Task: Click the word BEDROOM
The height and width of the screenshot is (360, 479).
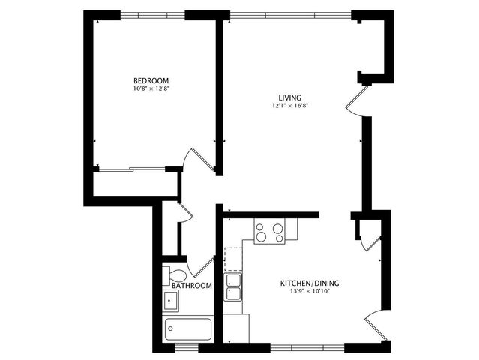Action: (151, 81)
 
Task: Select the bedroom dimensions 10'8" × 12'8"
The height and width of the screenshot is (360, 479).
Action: (151, 90)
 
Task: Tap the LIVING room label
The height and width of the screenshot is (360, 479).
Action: (289, 98)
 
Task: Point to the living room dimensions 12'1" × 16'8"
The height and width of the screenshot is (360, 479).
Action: (290, 106)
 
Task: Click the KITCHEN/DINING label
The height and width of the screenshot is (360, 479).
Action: (310, 283)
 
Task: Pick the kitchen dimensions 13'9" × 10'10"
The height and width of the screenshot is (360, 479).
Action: (310, 292)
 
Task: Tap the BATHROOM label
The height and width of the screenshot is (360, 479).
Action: (191, 286)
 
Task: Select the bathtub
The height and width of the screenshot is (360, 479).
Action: (188, 328)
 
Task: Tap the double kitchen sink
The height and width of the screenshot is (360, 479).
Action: (234, 287)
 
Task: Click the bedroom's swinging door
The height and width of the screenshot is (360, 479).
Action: (200, 159)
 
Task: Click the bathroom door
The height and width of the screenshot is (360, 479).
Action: (200, 267)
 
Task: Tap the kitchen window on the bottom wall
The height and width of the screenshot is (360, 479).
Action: (307, 347)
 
